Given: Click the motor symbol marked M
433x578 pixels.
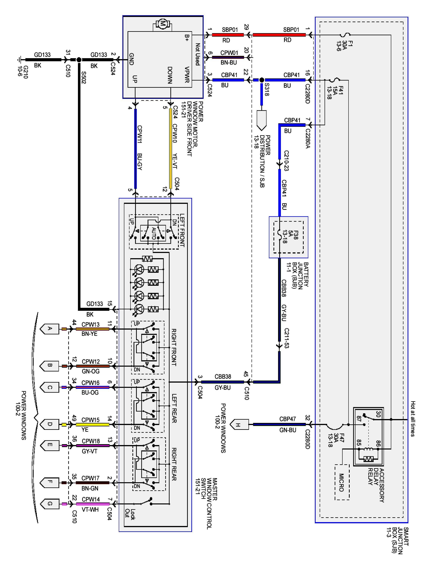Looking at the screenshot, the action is tap(163, 24).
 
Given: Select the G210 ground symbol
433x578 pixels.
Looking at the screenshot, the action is tap(19, 60).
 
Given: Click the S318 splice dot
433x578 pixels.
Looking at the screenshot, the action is tap(262, 80).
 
